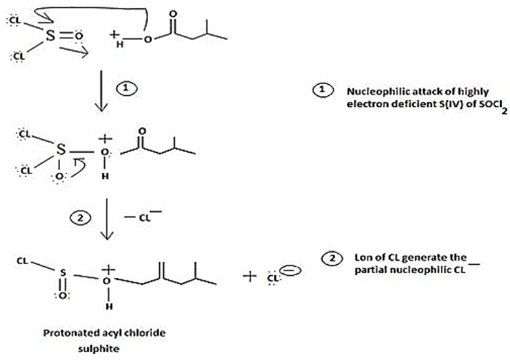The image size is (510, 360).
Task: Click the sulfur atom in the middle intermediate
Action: tap(60, 150)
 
